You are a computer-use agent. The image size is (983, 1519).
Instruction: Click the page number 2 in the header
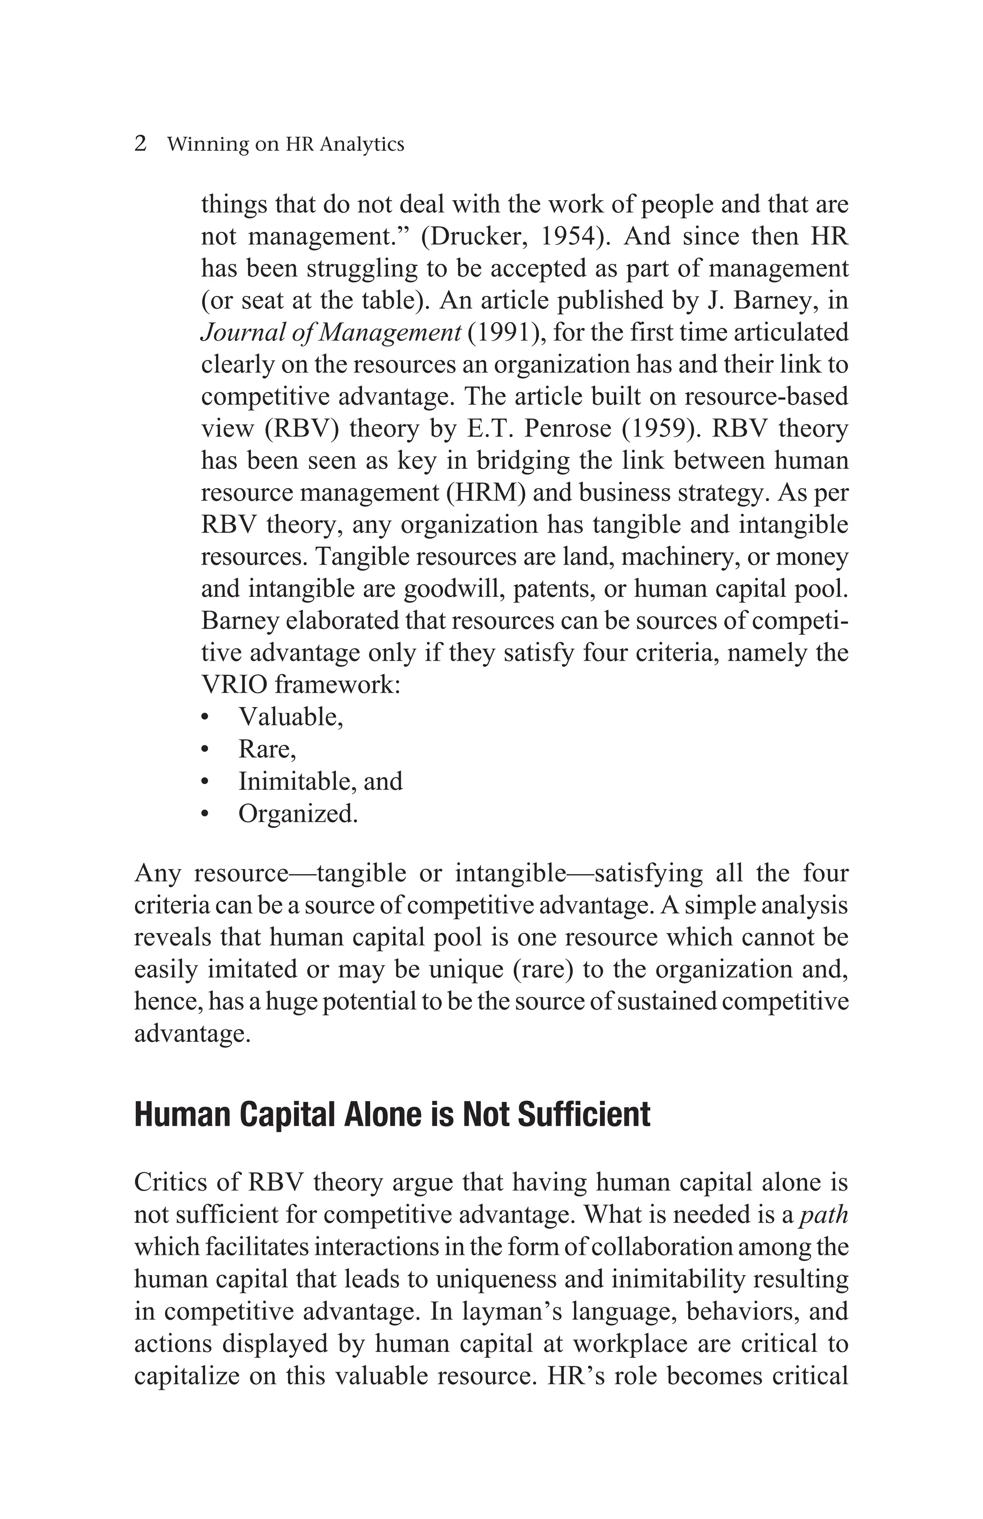(140, 144)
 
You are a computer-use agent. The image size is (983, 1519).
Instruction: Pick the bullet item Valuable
(290, 717)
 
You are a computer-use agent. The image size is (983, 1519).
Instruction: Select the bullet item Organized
(297, 814)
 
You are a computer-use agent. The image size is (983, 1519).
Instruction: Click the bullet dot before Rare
(204, 750)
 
